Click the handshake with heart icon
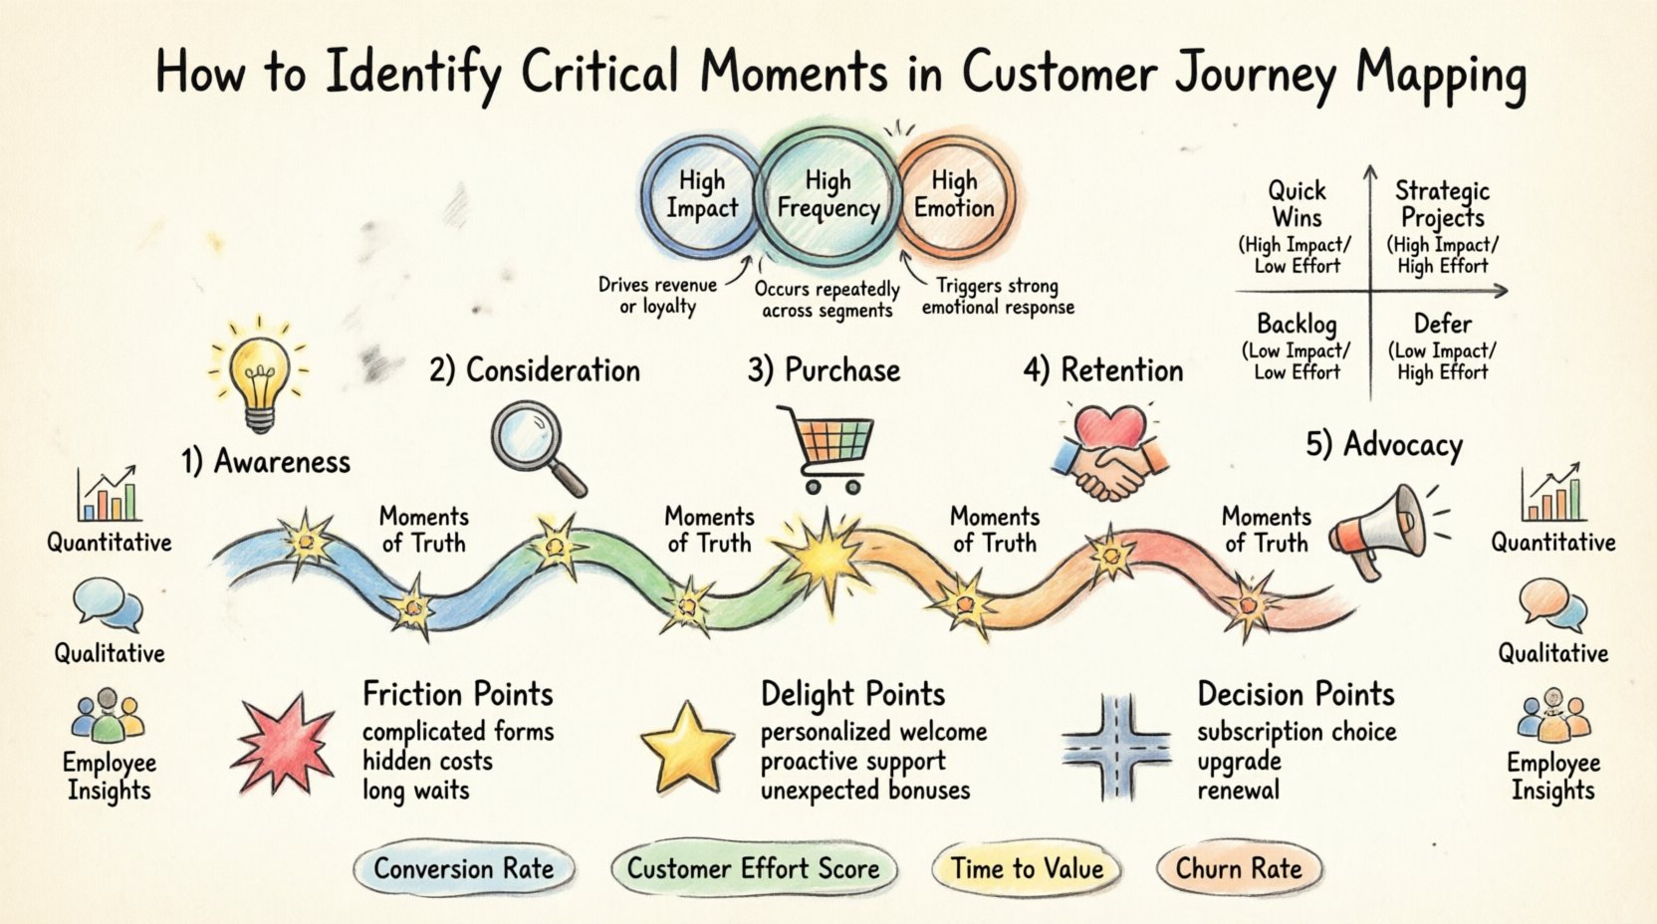pos(1109,452)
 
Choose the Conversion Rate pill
pos(464,869)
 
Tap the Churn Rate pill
pos(1239,869)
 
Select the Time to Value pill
pos(1027,869)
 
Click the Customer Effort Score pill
pos(754,869)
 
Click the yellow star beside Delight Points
pos(687,747)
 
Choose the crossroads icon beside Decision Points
pos(1116,748)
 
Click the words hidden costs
pos(427,762)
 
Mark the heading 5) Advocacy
pos(1384,444)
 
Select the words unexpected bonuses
pos(864,791)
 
